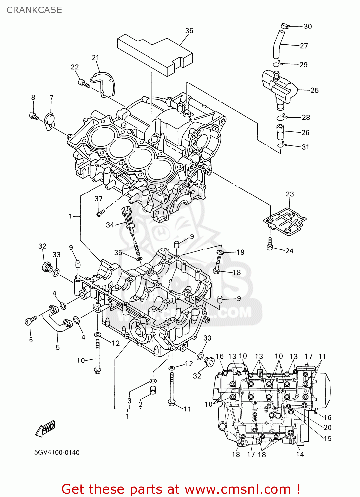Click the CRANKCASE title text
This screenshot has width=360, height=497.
(x=34, y=10)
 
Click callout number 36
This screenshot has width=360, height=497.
(x=189, y=31)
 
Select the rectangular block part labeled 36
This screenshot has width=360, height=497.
(x=155, y=55)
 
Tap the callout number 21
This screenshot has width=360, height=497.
(x=95, y=58)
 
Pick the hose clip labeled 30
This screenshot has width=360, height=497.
(x=285, y=26)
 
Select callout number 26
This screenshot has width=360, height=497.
(x=305, y=133)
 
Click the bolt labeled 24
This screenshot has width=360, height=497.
(x=270, y=244)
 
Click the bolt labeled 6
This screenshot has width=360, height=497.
(x=30, y=321)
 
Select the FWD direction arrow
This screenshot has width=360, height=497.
(x=45, y=429)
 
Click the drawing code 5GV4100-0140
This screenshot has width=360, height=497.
(x=57, y=453)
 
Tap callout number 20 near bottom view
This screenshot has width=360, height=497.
(x=327, y=428)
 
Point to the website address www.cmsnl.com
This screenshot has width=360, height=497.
(x=237, y=489)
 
